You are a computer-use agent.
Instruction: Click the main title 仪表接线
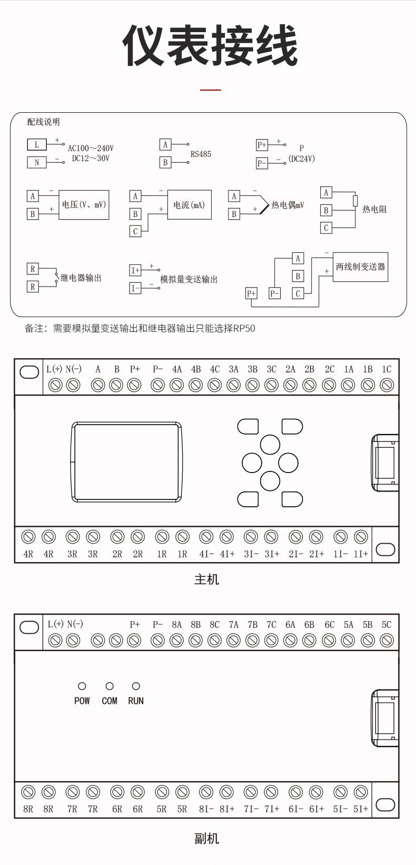coord(210,46)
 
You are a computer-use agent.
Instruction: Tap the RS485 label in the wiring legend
coord(201,154)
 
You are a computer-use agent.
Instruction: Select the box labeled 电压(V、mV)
coord(84,205)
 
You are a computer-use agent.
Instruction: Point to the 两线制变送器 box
coord(360,267)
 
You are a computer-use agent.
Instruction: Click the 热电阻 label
coord(374,209)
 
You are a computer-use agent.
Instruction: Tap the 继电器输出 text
coord(81,278)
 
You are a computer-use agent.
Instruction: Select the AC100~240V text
coord(91,149)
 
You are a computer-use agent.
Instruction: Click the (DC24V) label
coord(301,159)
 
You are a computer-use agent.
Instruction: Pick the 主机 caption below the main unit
coord(206,579)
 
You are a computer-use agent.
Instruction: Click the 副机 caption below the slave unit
coord(206,839)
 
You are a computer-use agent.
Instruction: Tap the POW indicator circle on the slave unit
coord(82,686)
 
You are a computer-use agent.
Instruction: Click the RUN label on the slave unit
coord(136,701)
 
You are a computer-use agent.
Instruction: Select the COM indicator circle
coord(110,686)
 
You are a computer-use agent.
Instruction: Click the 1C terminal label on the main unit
coord(387,369)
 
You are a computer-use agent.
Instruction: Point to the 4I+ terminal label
coord(227,554)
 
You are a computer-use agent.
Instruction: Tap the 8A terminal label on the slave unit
coord(176,624)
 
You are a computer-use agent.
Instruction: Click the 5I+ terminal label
coord(361,809)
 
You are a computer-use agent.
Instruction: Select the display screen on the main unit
coord(126,462)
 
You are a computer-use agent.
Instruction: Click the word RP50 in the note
coord(244,329)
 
